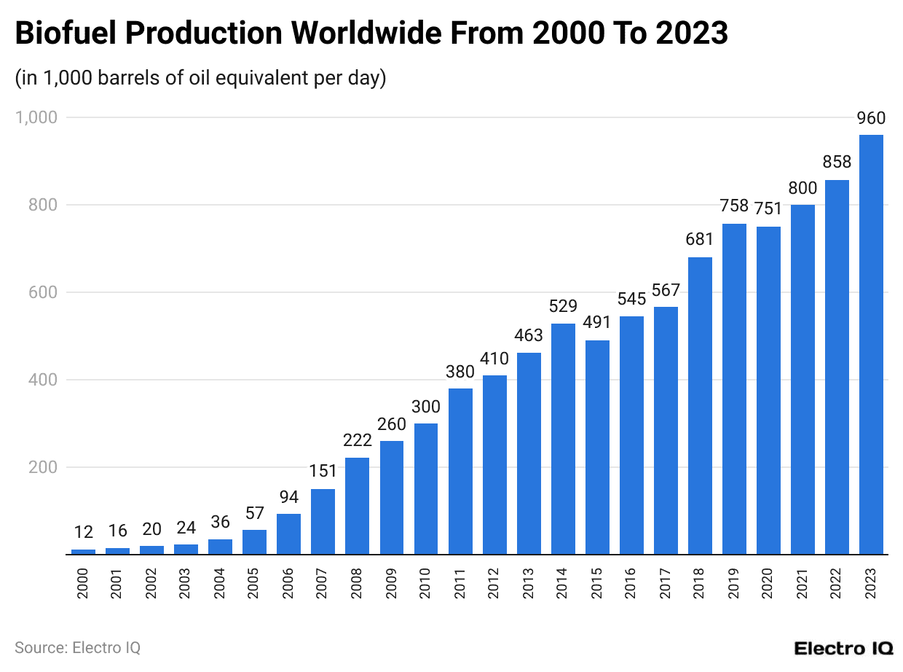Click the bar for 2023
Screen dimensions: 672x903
coord(871,345)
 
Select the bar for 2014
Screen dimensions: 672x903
coord(563,439)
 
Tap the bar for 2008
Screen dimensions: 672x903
coord(357,506)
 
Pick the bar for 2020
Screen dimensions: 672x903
coord(768,391)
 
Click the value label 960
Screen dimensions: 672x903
coord(871,119)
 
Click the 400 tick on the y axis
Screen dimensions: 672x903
coord(43,380)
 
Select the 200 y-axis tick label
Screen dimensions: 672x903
coord(43,467)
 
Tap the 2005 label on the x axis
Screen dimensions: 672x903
coord(254,584)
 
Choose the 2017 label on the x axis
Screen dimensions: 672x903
coord(666,584)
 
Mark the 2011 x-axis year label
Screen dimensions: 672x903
coord(460,584)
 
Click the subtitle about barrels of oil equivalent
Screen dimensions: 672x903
coord(200,78)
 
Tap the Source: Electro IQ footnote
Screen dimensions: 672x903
coord(77,647)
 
